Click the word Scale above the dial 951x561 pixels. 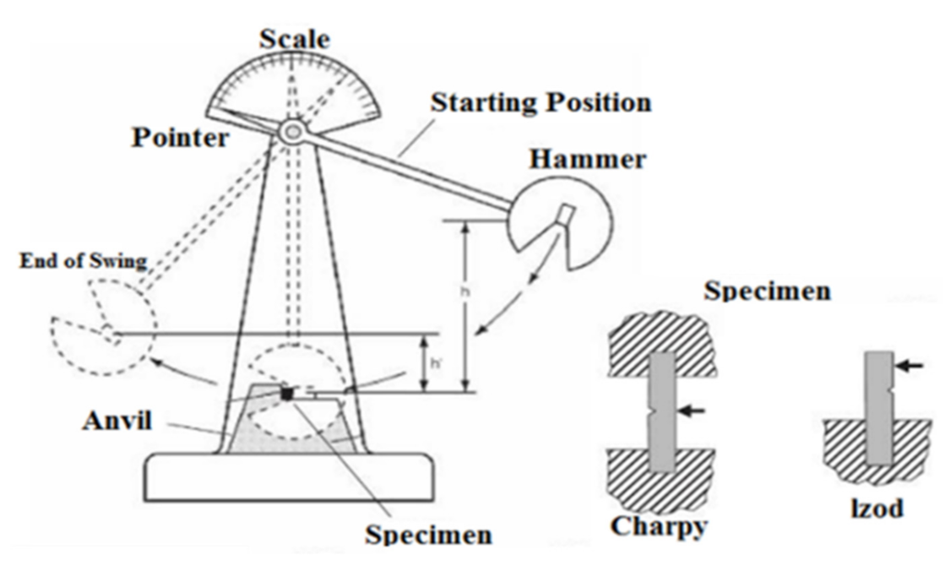pyautogui.click(x=294, y=39)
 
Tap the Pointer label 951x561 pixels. pyautogui.click(x=180, y=137)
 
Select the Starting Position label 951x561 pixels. pyautogui.click(x=541, y=103)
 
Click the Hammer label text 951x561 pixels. pyautogui.click(x=590, y=158)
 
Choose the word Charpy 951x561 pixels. pyautogui.click(x=658, y=526)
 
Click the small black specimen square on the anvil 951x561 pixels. pyautogui.click(x=288, y=394)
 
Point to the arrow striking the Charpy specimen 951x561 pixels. pyautogui.click(x=692, y=411)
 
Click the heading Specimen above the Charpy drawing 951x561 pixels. pyautogui.click(x=767, y=292)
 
